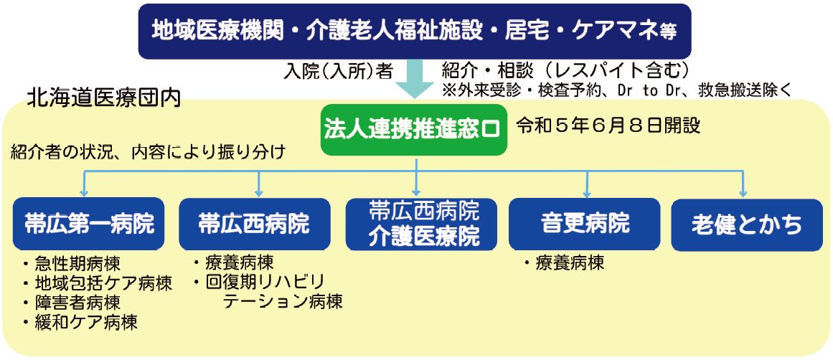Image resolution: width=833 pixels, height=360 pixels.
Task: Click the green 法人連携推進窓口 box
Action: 414,131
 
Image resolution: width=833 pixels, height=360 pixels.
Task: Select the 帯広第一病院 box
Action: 89,224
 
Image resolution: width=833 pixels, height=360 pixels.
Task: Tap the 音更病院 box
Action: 584,224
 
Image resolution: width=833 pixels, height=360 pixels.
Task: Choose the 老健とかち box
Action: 746,224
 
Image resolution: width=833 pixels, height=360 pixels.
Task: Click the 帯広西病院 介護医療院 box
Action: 421,224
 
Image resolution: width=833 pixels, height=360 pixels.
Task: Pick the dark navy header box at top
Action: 415,31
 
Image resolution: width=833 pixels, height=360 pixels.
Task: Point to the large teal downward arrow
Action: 415,79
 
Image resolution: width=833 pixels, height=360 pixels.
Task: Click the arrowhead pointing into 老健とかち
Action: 743,194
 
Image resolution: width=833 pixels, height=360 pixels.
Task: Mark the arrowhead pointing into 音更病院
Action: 586,194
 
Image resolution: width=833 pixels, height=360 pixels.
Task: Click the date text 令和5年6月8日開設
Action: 608,125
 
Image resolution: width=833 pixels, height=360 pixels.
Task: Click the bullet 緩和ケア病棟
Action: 80,322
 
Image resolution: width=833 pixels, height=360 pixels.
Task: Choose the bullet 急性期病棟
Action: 71,264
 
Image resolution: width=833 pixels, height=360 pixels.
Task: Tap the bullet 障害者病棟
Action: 71,303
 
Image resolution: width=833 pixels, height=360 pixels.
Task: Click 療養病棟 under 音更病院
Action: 563,263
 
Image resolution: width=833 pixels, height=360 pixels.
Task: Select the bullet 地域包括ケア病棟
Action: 97,283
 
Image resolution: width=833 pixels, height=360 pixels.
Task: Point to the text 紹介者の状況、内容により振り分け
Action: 149,153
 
